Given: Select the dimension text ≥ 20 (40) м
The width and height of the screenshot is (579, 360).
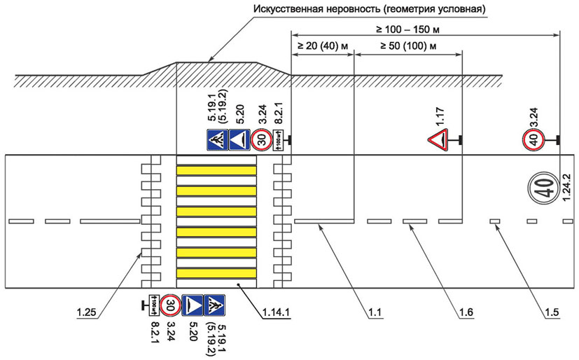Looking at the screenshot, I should point(322,46).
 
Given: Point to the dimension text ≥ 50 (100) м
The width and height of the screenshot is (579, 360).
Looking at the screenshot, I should point(408,46).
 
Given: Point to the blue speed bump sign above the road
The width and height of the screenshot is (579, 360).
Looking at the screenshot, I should point(239,140).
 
